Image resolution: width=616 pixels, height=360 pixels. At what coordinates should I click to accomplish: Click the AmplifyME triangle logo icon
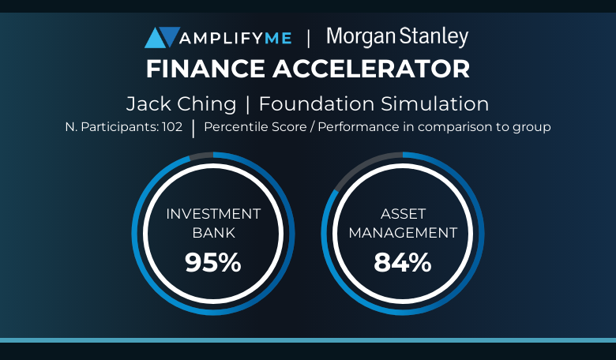[162, 37]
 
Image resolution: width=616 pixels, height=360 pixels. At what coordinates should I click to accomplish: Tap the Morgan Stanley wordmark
[397, 37]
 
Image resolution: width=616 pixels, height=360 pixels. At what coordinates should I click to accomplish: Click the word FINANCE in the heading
[205, 69]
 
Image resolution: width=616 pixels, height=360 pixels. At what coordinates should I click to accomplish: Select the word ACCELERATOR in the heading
[371, 69]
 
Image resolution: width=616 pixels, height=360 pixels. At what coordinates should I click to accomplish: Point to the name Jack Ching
[181, 104]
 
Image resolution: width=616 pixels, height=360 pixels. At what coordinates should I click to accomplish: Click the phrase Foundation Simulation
[374, 104]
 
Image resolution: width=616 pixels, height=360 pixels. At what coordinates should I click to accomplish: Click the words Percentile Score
[255, 127]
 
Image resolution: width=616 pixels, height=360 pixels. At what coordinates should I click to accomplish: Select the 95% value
[213, 262]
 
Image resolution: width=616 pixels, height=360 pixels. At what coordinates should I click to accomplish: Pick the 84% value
[403, 262]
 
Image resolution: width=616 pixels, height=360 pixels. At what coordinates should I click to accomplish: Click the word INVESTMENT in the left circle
[213, 214]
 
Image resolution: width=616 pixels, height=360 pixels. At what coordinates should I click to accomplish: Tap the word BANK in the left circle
[214, 233]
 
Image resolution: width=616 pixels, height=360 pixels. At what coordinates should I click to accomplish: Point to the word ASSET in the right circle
[403, 214]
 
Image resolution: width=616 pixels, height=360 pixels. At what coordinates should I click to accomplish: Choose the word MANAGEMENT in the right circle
[403, 233]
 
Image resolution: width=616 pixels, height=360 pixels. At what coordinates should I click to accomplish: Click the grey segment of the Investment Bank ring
[201, 156]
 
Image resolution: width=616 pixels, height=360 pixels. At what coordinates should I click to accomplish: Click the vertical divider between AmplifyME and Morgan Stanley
[308, 38]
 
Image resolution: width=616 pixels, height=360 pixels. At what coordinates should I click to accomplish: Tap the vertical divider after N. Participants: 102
[193, 129]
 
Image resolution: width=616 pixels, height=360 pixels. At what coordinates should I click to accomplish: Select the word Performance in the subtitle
[359, 127]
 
